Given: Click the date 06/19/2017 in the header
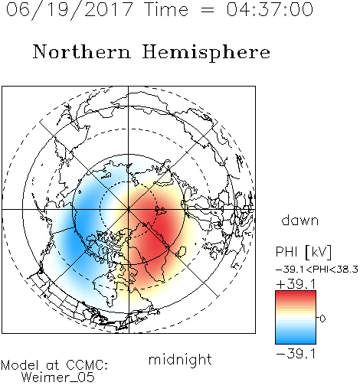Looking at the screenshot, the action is coord(70,10).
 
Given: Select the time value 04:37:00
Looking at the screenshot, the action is coord(270,9).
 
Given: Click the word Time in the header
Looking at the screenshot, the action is coord(166,9).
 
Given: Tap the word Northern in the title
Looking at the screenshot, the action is coord(82,51).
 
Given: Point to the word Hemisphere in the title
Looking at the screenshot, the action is coord(206,53).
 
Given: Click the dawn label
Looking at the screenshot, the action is coord(300,220).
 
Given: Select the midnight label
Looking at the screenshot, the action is coord(180,359).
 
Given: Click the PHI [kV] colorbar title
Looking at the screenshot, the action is coord(303,252).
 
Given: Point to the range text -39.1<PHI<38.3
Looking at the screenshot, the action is coord(317,270).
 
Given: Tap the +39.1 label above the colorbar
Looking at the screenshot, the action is coord(296,284).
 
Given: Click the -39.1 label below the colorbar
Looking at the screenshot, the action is coord(296,354).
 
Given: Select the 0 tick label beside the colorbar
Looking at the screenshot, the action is coord(322,319).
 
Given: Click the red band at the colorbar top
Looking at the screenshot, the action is coord(296,294).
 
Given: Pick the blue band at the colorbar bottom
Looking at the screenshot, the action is coord(296,341).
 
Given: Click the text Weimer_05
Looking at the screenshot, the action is coord(58,378).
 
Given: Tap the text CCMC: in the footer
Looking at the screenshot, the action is coord(87,365).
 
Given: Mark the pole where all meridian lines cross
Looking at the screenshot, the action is coord(129,209).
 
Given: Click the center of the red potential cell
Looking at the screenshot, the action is coord(155,224).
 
